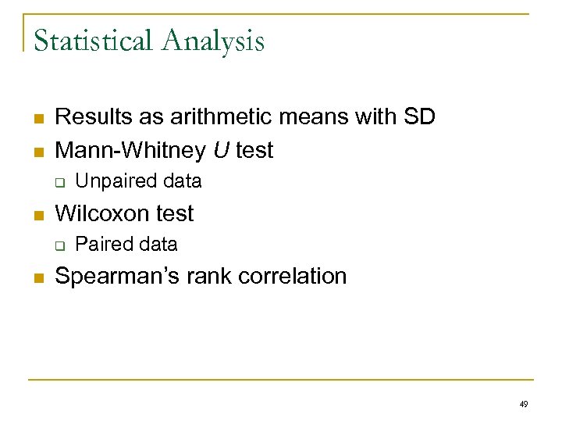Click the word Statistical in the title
[x=91, y=40]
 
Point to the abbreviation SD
[x=419, y=117]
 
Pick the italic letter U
[x=222, y=150]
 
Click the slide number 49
[x=523, y=404]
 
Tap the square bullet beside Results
[x=37, y=119]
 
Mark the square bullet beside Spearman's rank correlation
[x=37, y=278]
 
